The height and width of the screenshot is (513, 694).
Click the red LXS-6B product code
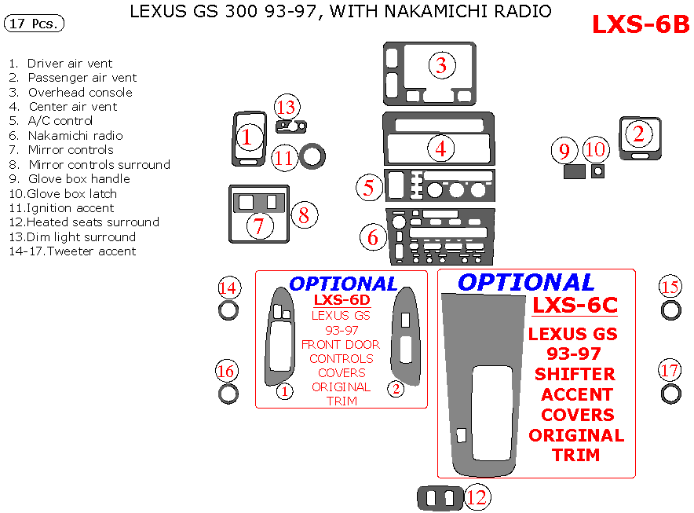(x=640, y=24)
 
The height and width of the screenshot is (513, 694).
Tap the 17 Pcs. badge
(x=35, y=24)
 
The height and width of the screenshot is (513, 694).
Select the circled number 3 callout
(x=441, y=65)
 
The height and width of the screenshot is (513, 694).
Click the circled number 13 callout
(x=287, y=107)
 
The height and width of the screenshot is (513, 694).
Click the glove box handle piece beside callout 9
(x=575, y=171)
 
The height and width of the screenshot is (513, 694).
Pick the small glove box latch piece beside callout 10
(x=598, y=170)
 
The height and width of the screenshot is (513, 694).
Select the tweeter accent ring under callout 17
(x=670, y=394)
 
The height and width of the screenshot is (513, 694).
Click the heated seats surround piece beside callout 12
(x=440, y=497)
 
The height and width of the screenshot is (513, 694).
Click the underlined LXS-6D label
(x=342, y=300)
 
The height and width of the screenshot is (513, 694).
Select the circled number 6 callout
(x=373, y=236)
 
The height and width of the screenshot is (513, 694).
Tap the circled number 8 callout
(x=305, y=213)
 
